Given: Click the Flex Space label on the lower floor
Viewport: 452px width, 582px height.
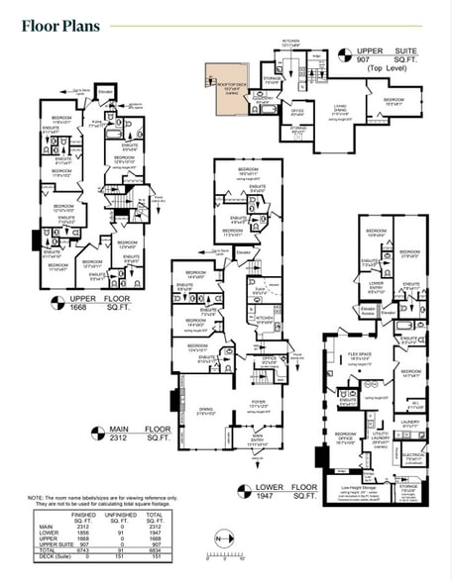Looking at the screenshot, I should point(374,359).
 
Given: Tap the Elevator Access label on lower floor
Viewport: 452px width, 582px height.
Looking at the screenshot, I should point(367,311).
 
